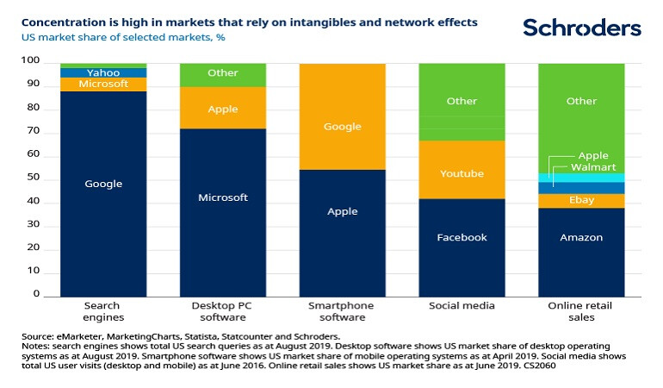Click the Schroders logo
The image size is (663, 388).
[x=581, y=28]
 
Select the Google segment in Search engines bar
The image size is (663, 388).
[x=103, y=184]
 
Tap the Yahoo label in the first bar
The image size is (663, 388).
[x=103, y=72]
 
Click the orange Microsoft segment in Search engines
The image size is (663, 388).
[x=103, y=84]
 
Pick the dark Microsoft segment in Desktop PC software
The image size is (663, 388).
[x=223, y=197]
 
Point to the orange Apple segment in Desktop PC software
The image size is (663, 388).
[x=223, y=109]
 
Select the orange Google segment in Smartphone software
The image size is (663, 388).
[x=343, y=126]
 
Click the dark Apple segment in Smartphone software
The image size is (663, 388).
[x=343, y=211]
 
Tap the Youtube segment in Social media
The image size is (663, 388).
[x=462, y=173]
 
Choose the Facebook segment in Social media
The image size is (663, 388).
[x=462, y=237]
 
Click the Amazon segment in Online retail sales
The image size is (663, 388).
[x=581, y=237]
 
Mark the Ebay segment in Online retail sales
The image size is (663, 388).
[x=581, y=200]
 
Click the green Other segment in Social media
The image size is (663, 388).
[x=462, y=101]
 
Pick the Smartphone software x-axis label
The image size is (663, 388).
[x=343, y=311]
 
